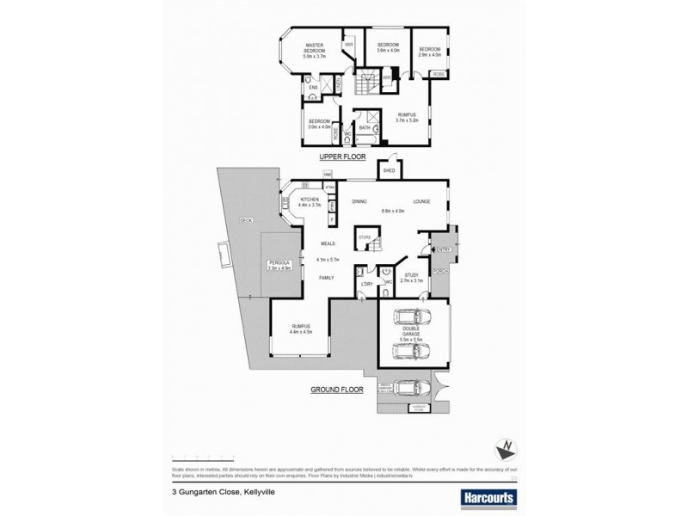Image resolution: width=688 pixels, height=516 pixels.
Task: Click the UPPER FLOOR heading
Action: click(343, 158)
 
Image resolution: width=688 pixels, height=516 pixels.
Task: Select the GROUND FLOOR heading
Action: click(335, 390)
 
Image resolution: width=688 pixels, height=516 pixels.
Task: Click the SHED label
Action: click(389, 171)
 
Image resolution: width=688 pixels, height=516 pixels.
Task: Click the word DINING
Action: click(359, 202)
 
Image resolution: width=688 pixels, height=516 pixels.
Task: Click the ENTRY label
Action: click(445, 250)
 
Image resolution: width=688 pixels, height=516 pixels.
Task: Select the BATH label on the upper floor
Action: click(365, 127)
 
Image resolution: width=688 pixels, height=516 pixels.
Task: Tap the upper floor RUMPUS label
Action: click(407, 118)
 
